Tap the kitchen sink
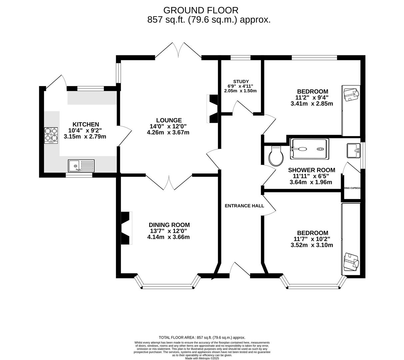(81, 166)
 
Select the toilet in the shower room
(276, 156)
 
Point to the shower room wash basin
(353, 151)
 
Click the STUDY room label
(241, 81)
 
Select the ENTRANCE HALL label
(244, 206)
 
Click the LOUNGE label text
(169, 120)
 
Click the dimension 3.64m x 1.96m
(311, 182)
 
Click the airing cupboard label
(352, 188)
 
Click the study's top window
(240, 58)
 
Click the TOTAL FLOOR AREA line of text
(202, 337)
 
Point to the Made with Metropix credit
(202, 358)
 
